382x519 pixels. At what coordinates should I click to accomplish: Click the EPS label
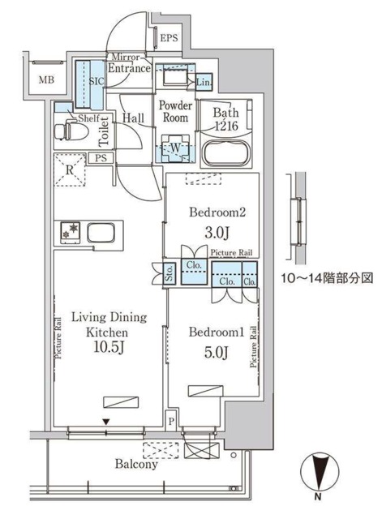pos(168,38)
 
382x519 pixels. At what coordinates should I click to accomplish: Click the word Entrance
pos(130,70)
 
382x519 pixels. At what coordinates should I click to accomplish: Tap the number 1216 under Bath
pos(227,127)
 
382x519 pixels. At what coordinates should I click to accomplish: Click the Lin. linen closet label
pos(204,82)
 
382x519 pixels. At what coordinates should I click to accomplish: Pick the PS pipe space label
pos(101,158)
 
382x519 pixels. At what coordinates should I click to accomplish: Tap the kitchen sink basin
pos(101,234)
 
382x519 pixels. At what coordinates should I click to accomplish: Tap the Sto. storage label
pos(170,272)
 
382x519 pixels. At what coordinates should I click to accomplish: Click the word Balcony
pos(135,465)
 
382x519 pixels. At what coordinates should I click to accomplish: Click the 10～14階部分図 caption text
pos(326,277)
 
